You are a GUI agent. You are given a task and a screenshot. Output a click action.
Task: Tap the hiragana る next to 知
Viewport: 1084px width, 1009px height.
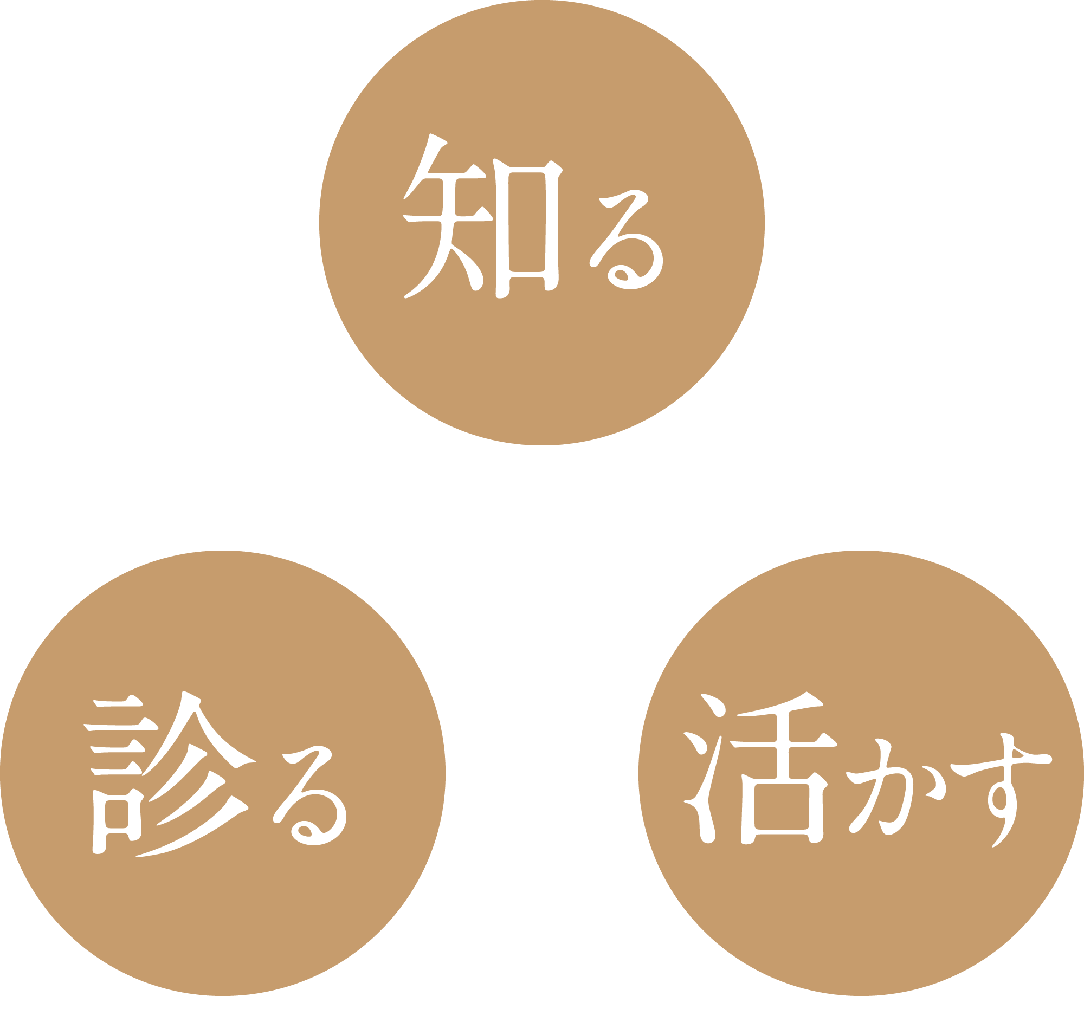point(627,240)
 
